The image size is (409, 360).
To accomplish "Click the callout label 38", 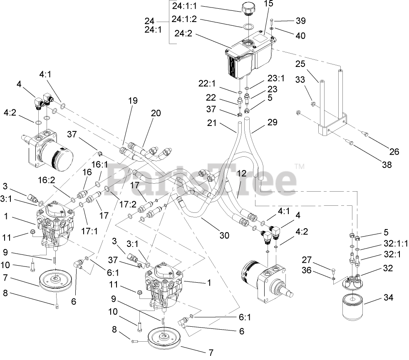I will [387, 165].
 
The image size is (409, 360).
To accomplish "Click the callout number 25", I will [300, 64].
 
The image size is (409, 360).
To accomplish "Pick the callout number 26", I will [394, 152].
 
